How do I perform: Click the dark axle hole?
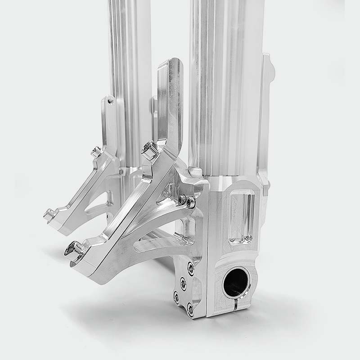[x=235, y=282]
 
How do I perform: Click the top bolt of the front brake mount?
[x=149, y=149]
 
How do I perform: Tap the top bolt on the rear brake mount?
[x=96, y=152]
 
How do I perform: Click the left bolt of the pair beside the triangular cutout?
[x=182, y=198]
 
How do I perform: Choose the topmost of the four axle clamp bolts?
[x=191, y=269]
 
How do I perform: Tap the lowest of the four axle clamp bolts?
[x=191, y=309]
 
